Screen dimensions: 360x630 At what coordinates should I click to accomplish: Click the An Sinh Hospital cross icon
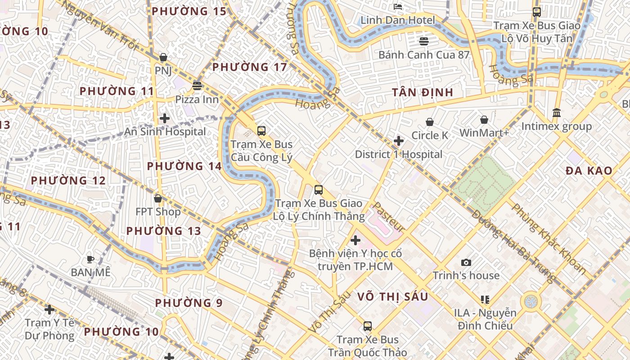pyautogui.click(x=165, y=118)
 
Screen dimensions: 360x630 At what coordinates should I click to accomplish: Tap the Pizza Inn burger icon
pyautogui.click(x=197, y=85)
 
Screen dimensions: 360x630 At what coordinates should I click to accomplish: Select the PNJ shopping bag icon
pyautogui.click(x=163, y=57)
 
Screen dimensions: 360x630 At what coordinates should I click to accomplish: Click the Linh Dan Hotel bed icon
pyautogui.click(x=398, y=6)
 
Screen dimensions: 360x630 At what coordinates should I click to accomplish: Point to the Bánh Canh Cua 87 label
pyautogui.click(x=424, y=55)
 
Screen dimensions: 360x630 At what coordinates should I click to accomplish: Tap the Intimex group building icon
pyautogui.click(x=556, y=112)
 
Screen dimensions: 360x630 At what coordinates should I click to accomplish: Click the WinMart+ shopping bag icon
pyautogui.click(x=484, y=120)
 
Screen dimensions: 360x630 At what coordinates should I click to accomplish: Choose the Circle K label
pyautogui.click(x=430, y=135)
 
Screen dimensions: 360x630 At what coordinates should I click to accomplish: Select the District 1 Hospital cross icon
pyautogui.click(x=398, y=141)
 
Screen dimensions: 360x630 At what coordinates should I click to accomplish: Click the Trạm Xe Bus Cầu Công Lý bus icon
pyautogui.click(x=261, y=131)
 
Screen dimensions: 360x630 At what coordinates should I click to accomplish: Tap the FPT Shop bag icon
pyautogui.click(x=157, y=198)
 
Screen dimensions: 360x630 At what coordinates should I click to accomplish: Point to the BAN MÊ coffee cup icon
pyautogui.click(x=90, y=259)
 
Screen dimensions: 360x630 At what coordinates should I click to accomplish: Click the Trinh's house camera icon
pyautogui.click(x=466, y=262)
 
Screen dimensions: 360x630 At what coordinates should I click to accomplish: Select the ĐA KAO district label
pyautogui.click(x=589, y=171)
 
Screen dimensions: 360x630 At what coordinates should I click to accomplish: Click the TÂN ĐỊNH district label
pyautogui.click(x=422, y=93)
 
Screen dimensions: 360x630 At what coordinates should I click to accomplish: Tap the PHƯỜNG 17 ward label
pyautogui.click(x=249, y=67)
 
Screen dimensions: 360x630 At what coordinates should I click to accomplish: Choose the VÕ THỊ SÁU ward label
pyautogui.click(x=393, y=297)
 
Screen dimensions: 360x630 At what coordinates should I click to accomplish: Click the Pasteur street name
pyautogui.click(x=389, y=217)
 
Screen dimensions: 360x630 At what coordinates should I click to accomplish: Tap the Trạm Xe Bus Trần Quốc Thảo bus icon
pyautogui.click(x=368, y=326)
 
